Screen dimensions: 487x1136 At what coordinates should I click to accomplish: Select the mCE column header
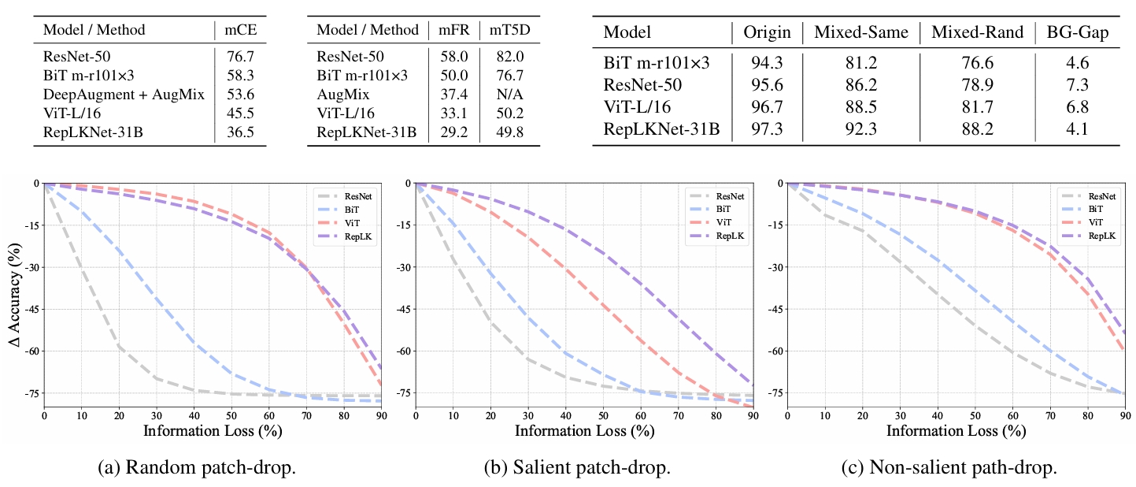(240, 30)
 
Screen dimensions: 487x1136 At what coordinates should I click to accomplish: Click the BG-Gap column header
(1078, 32)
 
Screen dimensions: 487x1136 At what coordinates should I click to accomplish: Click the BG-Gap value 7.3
(1077, 84)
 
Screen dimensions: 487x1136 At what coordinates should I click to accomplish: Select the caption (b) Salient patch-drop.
(577, 467)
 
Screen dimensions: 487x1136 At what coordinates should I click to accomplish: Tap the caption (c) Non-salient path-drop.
(963, 467)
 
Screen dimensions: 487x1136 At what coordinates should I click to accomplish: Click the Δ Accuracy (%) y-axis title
(13, 294)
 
